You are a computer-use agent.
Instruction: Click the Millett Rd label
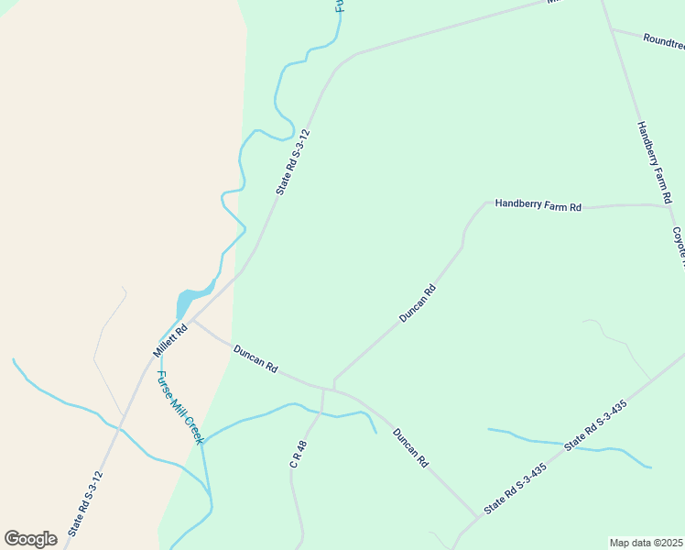pos(170,340)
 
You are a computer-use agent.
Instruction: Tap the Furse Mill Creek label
pos(179,407)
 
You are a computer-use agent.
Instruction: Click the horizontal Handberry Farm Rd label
pos(538,206)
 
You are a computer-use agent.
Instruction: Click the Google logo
pos(30,539)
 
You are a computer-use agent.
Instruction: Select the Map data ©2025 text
pos(647,543)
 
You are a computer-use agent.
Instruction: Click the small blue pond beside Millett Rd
pos(187,300)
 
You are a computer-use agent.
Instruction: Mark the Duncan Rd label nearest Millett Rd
pos(256,357)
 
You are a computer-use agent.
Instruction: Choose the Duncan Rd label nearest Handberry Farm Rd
pos(418,303)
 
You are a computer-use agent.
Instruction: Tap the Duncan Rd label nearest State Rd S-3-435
pos(410,448)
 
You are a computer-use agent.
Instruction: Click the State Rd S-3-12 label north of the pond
pos(293,161)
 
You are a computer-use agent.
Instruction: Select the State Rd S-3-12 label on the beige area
pos(84,504)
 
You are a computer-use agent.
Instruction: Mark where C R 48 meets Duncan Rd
pos(323,389)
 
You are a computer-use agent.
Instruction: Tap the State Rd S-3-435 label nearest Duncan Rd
pos(515,489)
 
